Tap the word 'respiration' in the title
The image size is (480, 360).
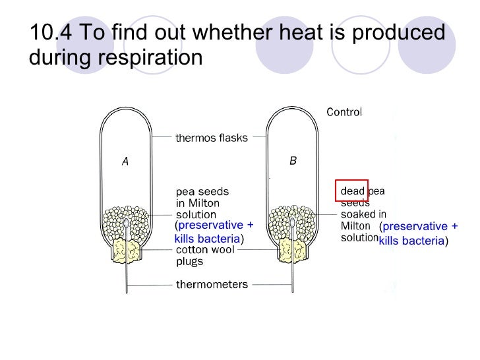[150, 57]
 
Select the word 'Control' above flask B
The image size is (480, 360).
[344, 112]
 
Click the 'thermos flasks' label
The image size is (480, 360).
[211, 138]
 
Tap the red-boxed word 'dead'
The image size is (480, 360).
[351, 191]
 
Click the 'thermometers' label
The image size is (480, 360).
[211, 285]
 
